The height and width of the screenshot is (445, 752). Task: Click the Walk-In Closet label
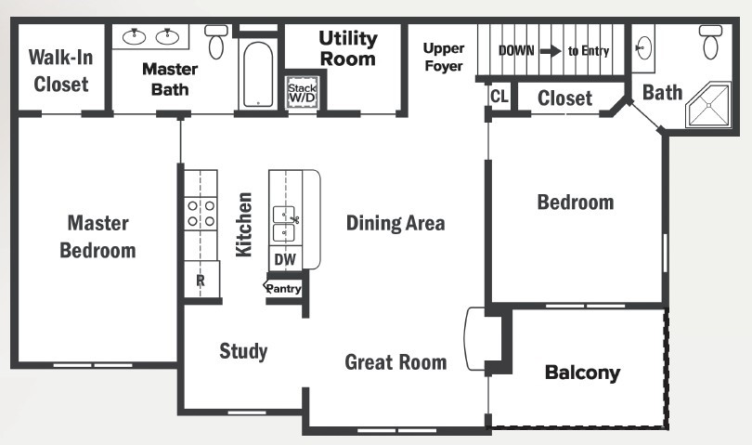pos(61,71)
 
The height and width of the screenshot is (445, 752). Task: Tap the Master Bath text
pos(170,79)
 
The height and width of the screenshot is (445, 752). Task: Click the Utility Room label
pos(348,48)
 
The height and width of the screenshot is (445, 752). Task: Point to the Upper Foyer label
pos(443,57)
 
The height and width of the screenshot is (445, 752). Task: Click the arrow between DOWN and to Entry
pos(550,51)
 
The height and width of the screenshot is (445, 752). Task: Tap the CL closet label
pos(499,97)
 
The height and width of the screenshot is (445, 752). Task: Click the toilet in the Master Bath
pos(216,41)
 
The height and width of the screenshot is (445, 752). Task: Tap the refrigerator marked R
pos(201,279)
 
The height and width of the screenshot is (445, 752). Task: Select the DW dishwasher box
pos(284,259)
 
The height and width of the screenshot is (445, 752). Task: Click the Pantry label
pos(284,289)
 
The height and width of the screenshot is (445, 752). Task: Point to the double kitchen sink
pos(284,223)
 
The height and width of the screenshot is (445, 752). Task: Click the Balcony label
pos(582,373)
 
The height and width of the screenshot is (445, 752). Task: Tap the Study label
pos(243,350)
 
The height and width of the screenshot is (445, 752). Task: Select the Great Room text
pos(395,361)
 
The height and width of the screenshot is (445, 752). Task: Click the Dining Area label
pos(395,223)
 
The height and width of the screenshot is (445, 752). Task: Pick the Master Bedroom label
pos(97,236)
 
